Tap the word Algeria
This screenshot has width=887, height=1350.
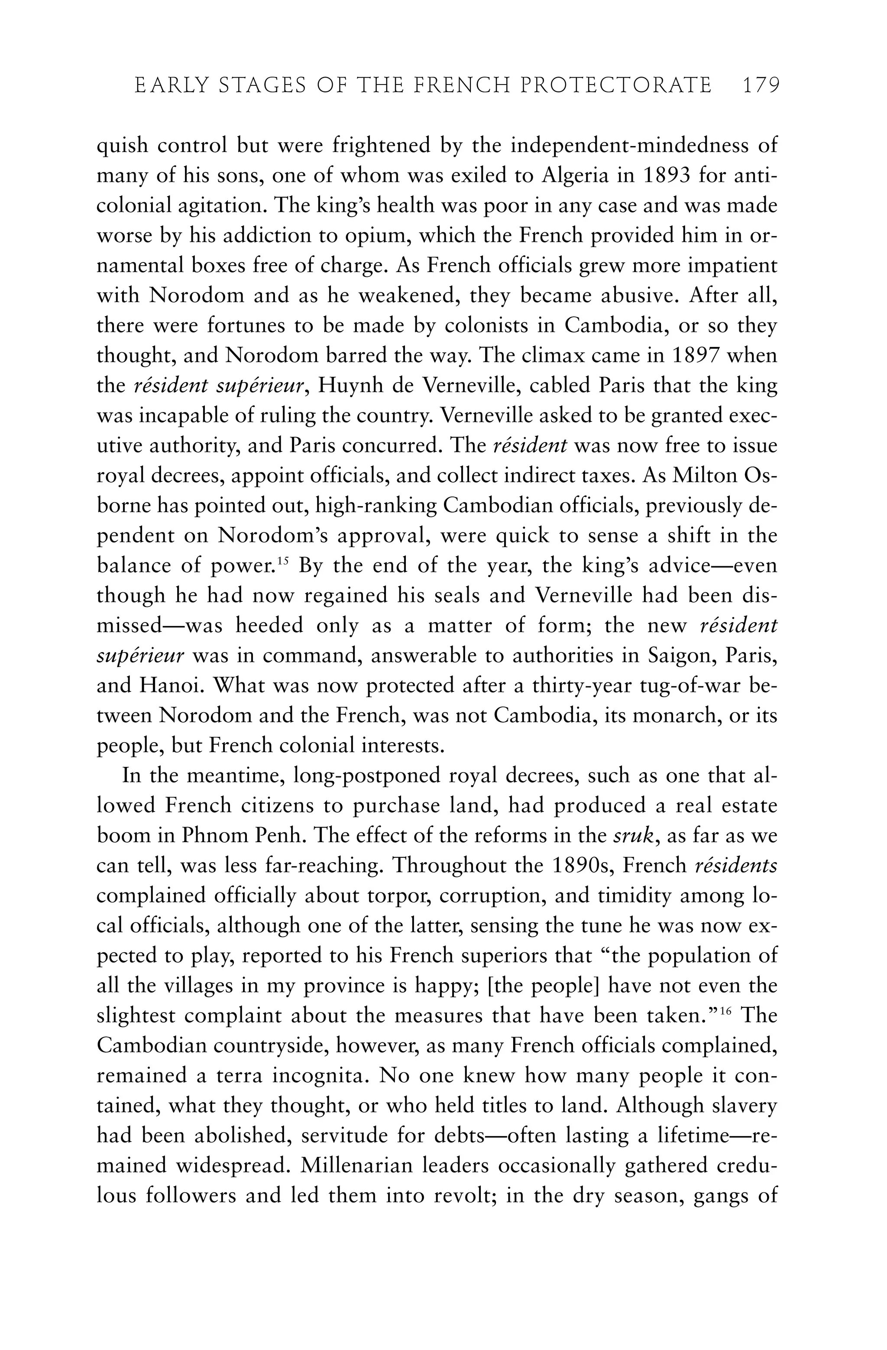pos(577,176)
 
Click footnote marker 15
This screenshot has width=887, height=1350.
pos(284,561)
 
